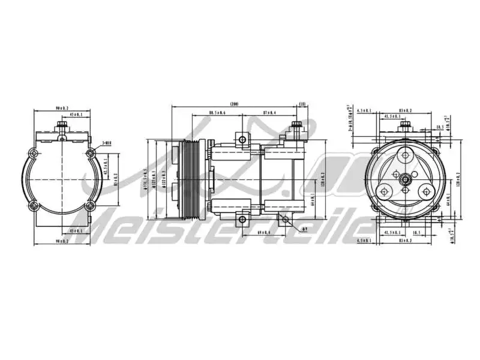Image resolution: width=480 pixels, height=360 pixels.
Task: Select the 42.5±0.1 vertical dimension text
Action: point(106,168)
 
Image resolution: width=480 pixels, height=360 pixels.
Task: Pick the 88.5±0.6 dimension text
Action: point(217,113)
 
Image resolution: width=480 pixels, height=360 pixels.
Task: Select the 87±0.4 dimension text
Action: point(270,113)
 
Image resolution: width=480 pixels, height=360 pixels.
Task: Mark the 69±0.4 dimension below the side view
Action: point(263,232)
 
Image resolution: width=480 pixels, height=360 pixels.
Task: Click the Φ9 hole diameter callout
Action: point(305,229)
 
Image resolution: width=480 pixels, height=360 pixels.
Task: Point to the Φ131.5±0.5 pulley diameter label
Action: point(146,180)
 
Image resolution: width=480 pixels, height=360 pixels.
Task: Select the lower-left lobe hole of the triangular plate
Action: point(384,191)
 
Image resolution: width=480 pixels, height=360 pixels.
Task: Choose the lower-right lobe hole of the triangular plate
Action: point(427,191)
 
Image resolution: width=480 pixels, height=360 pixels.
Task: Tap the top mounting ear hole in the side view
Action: point(242,140)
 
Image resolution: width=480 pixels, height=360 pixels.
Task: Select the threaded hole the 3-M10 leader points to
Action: point(91,154)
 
